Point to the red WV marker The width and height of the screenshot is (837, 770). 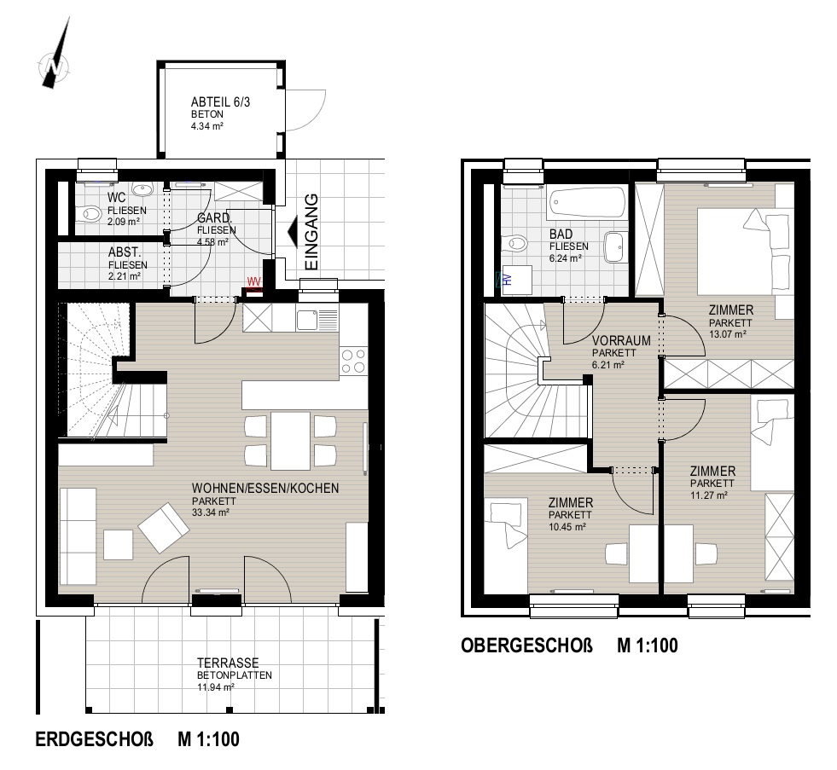coord(254,281)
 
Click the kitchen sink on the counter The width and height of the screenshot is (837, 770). coord(307,319)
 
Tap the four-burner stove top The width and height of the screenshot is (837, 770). coord(354,361)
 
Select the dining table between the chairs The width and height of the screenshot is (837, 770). coord(290,441)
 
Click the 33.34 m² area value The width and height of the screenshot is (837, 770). coord(211,512)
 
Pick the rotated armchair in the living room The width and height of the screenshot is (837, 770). coord(164,527)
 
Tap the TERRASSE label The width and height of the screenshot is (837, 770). coord(228,663)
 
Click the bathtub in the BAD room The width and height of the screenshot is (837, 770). coord(588,202)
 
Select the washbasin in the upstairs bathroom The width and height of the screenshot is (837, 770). coord(616,246)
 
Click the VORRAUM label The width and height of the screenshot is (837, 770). coord(621,340)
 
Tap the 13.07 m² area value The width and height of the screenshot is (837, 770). coord(728,334)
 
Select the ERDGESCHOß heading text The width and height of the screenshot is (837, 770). coord(95,739)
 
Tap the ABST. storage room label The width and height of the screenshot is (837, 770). coord(125,252)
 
